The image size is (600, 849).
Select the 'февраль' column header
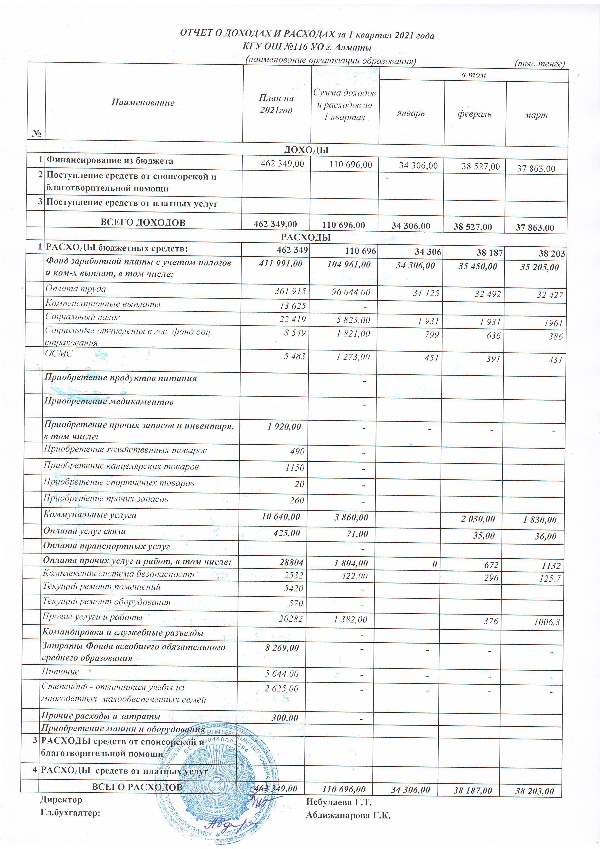pos(474,114)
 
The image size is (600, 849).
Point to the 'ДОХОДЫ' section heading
pos(306,150)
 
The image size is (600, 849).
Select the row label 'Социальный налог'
pos(82,317)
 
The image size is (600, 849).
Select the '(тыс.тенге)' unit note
pos(540,64)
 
